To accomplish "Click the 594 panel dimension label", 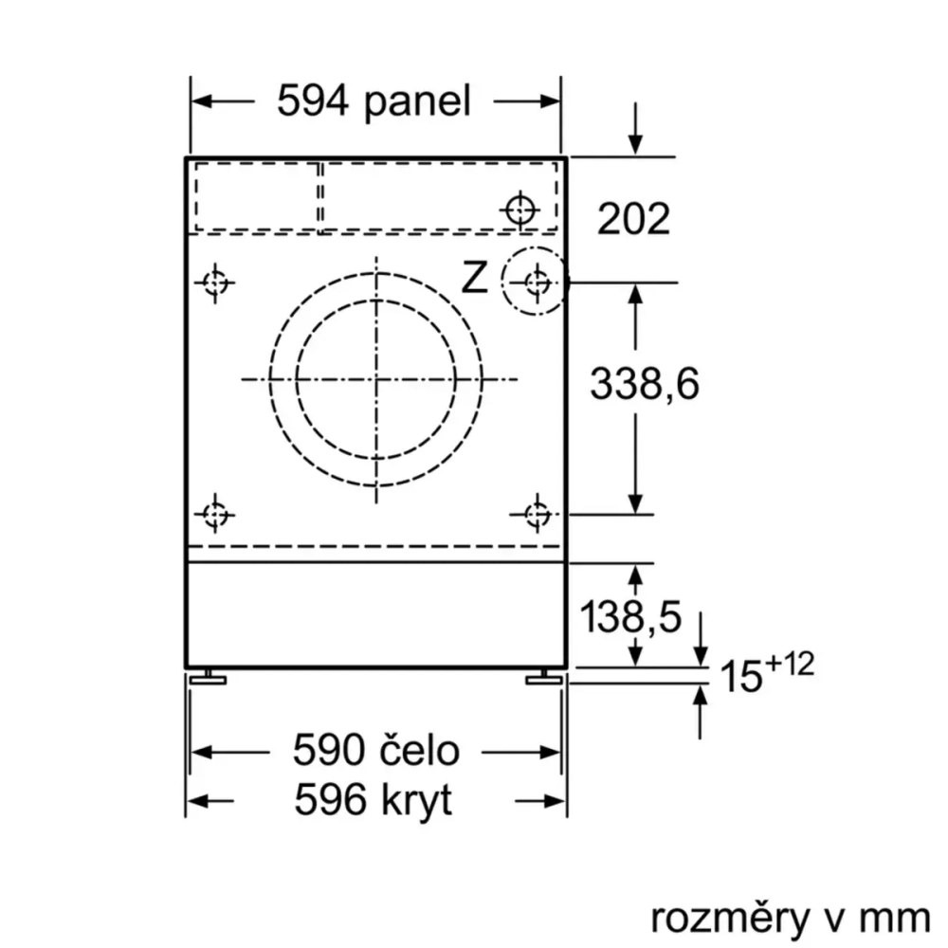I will click(374, 100).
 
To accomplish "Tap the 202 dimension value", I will click(633, 219).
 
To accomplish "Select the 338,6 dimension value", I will click(644, 384).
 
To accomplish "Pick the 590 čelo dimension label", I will click(375, 752).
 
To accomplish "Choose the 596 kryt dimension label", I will click(373, 802).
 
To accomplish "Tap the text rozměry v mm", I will click(789, 917).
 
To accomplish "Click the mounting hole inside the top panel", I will click(520, 209).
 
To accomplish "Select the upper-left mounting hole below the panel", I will click(216, 282).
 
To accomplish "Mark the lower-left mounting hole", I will click(216, 514).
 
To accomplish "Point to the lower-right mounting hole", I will click(537, 514).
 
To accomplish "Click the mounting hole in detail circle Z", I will click(537, 282).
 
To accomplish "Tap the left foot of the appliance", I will click(210, 676).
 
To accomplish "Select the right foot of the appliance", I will click(543, 676).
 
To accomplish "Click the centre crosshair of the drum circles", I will click(378, 379).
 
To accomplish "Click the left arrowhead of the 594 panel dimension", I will click(201, 101).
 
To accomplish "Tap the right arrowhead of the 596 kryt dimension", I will click(557, 802).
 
